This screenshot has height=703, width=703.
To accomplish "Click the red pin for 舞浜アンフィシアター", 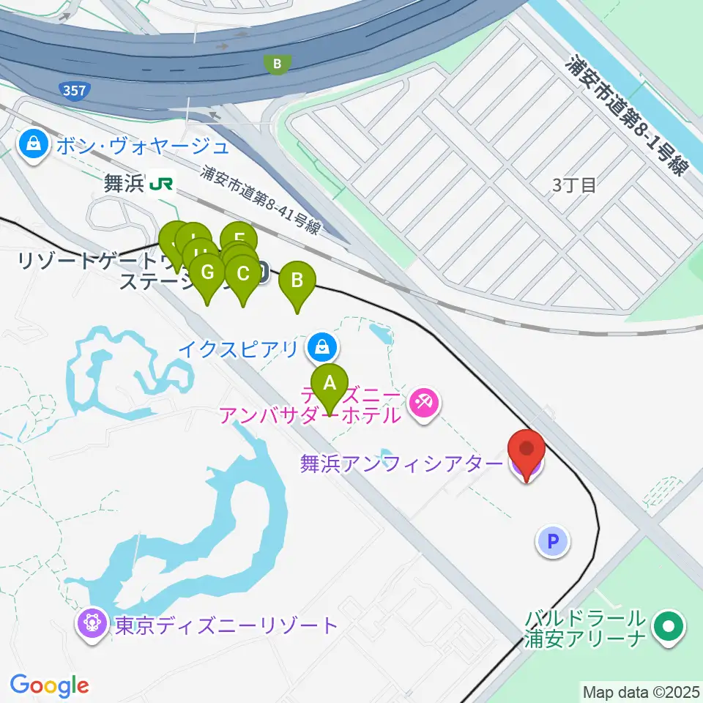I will [527, 451].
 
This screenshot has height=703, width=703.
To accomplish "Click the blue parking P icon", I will [554, 542].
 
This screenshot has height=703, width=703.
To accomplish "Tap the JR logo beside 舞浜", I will [162, 184].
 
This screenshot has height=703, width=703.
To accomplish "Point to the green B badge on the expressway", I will [277, 64].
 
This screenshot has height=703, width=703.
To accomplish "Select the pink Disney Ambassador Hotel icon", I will [423, 401].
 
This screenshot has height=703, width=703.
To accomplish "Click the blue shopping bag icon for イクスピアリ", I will [321, 346].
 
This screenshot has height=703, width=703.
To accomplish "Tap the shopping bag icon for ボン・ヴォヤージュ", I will [34, 144].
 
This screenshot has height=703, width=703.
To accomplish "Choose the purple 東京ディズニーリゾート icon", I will [93, 625].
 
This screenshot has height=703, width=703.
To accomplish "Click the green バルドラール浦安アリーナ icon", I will [668, 626].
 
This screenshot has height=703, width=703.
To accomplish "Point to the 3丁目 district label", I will [574, 185].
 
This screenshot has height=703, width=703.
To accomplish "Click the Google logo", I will [49, 685].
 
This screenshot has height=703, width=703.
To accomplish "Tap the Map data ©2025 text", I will [640, 691].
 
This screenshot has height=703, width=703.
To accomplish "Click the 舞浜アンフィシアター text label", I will [401, 464].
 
